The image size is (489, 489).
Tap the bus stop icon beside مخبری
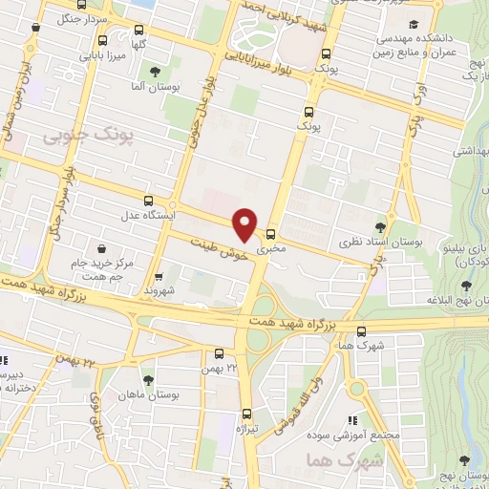(x=270, y=235)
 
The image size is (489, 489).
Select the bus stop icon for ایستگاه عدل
(x=147, y=201)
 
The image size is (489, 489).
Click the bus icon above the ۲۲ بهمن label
(x=220, y=352)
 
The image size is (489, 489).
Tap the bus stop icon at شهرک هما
(x=359, y=331)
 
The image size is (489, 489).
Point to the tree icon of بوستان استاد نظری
(x=382, y=227)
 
